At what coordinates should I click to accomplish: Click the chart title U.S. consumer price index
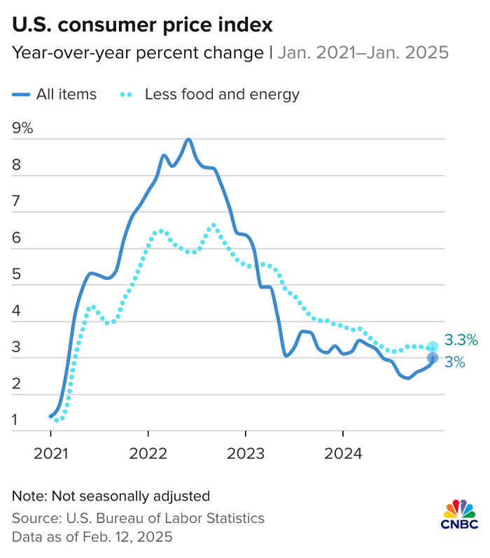click(x=142, y=26)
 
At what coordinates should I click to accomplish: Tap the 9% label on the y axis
click(x=22, y=128)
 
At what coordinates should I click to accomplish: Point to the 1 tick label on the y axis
click(x=16, y=421)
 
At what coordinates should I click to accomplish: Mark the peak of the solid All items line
click(x=188, y=139)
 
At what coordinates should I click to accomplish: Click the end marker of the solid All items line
click(x=433, y=358)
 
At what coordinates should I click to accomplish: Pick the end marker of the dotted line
click(x=433, y=347)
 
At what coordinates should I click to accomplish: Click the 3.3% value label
click(x=461, y=341)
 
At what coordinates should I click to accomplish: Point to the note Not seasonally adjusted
click(x=111, y=496)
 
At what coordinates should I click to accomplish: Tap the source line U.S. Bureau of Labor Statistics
click(x=138, y=519)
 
